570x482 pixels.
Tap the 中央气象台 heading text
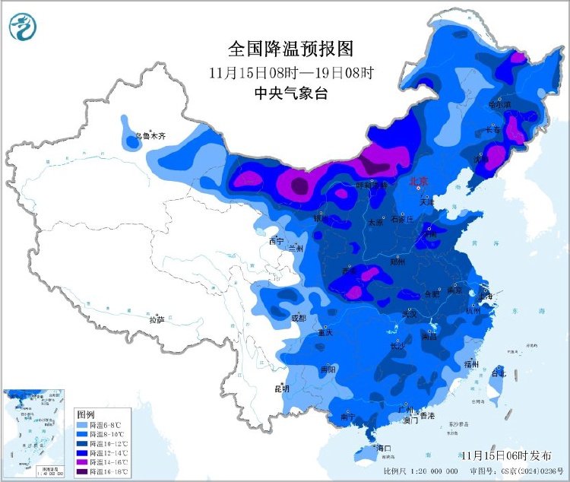(x=292, y=94)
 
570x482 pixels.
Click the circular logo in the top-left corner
(x=23, y=27)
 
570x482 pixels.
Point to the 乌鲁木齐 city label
(x=150, y=137)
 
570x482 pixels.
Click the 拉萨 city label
(x=157, y=320)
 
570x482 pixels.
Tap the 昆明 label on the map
(x=282, y=388)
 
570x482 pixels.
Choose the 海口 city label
(x=382, y=449)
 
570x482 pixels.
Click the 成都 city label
(x=297, y=317)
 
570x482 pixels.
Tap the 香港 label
(x=427, y=416)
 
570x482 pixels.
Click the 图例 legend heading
(x=85, y=414)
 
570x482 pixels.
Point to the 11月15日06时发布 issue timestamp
(x=507, y=455)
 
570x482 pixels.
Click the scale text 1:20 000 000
(x=441, y=472)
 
